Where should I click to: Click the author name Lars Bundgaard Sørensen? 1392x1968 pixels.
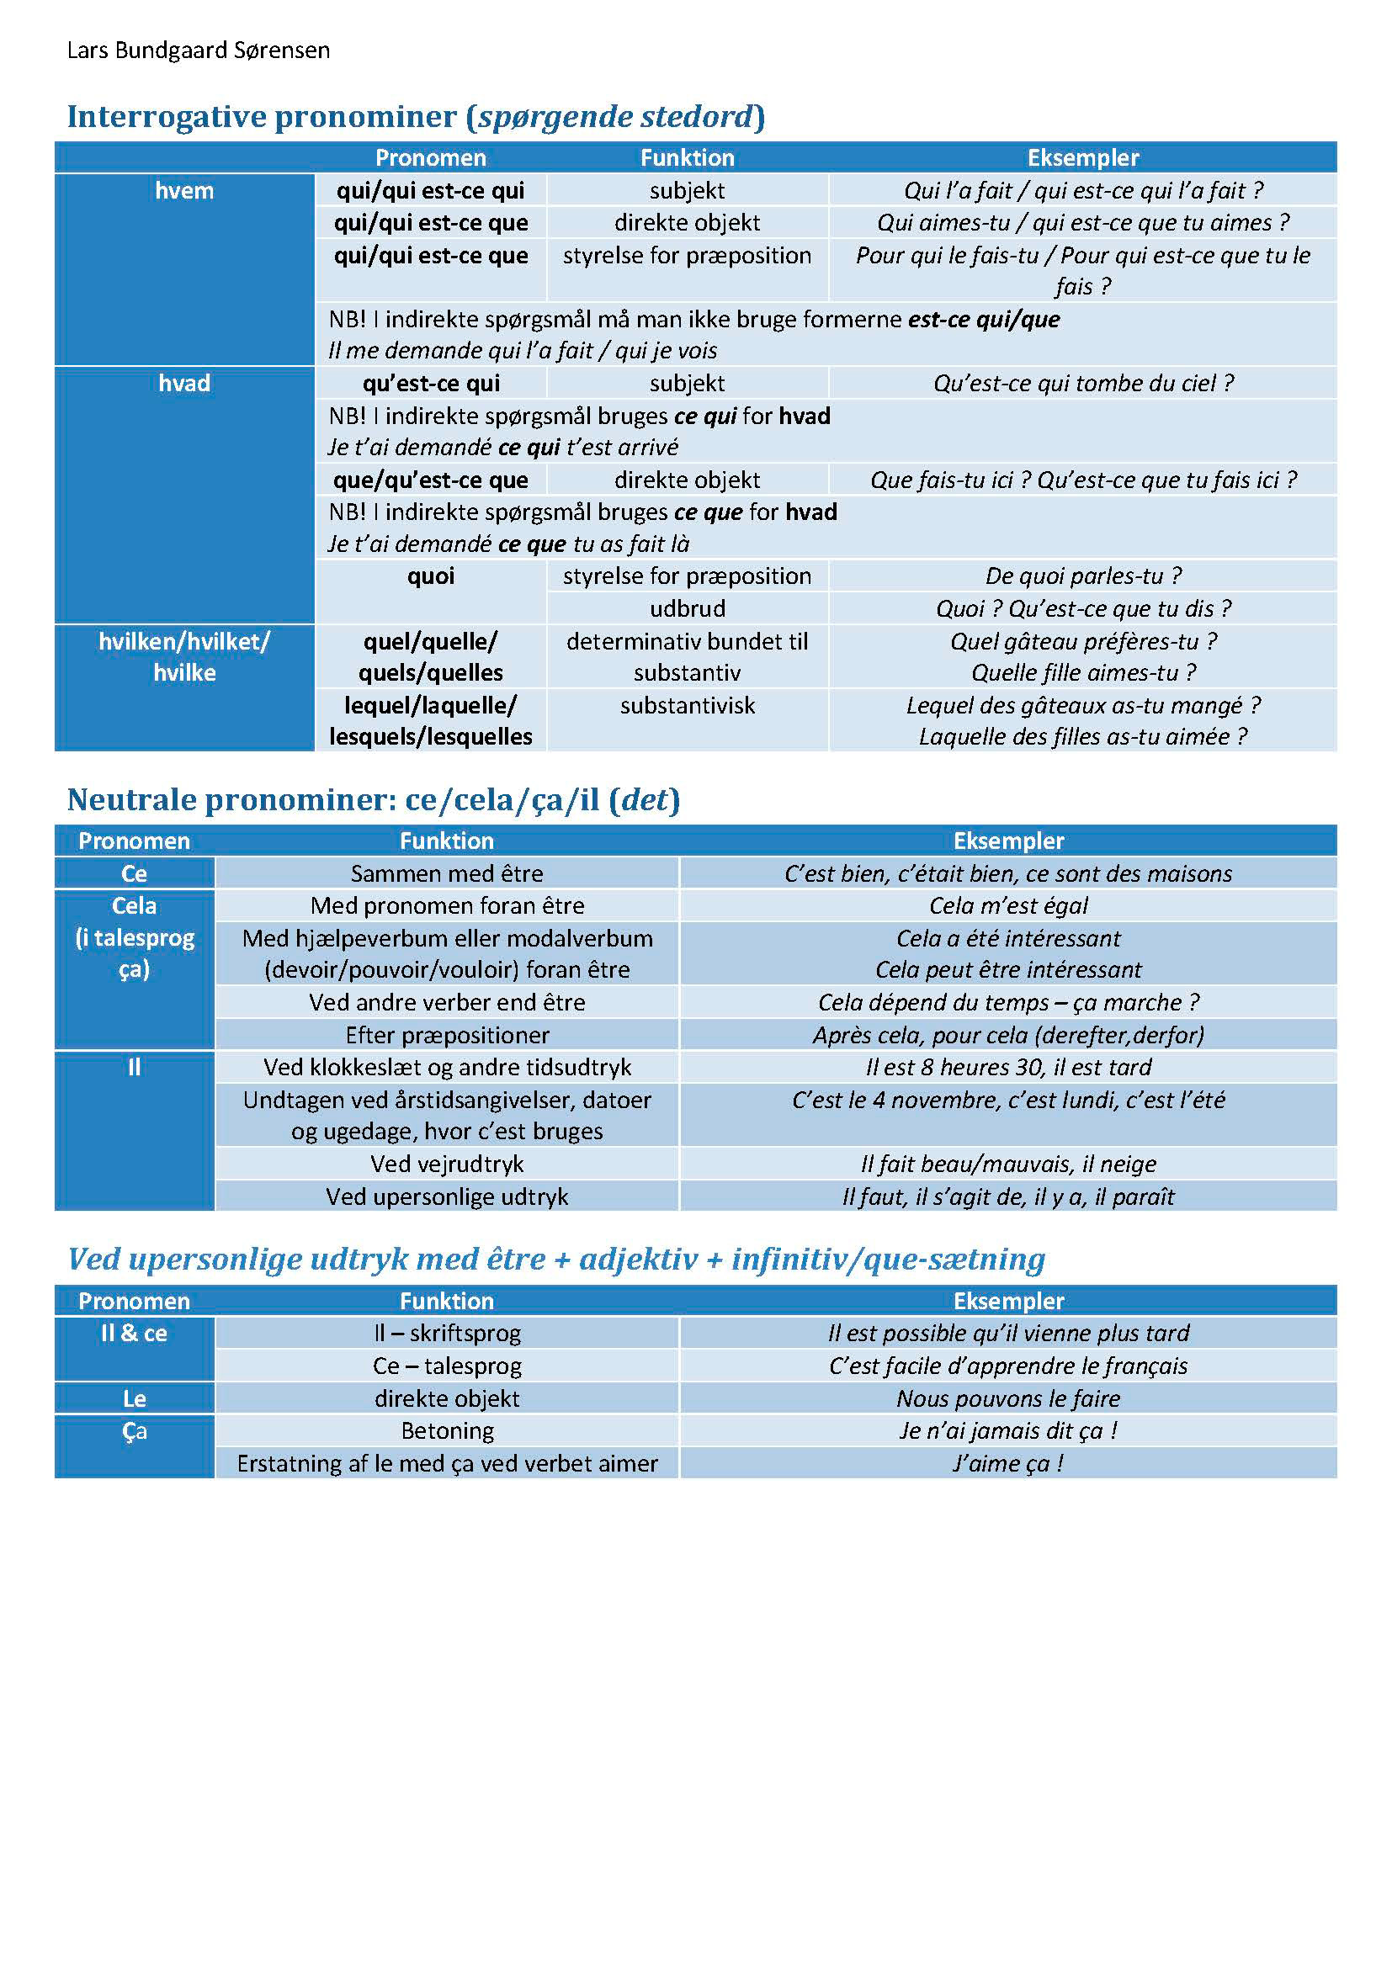pyautogui.click(x=198, y=50)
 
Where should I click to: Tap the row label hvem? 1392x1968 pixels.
pyautogui.click(x=184, y=190)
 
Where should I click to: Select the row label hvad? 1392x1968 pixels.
pyautogui.click(x=184, y=383)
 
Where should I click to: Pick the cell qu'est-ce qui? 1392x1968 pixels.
pyautogui.click(x=430, y=383)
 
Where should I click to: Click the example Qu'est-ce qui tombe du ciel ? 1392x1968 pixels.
pyautogui.click(x=1082, y=383)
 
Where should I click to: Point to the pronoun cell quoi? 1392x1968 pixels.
pyautogui.click(x=430, y=576)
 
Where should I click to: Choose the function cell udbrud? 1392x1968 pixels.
pyautogui.click(x=687, y=608)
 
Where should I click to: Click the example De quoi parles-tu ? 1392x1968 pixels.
pyautogui.click(x=1082, y=576)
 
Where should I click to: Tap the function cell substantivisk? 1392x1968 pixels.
pyautogui.click(x=687, y=705)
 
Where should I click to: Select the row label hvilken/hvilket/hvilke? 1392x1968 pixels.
pyautogui.click(x=184, y=656)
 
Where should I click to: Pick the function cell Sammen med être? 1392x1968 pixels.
pyautogui.click(x=447, y=873)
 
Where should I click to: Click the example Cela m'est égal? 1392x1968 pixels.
pyautogui.click(x=1008, y=906)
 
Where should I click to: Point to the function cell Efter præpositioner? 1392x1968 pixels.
pyautogui.click(x=447, y=1036)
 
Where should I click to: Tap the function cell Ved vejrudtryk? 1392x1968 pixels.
pyautogui.click(x=447, y=1164)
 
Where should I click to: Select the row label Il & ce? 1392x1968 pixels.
pyautogui.click(x=134, y=1334)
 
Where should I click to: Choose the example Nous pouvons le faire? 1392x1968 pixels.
pyautogui.click(x=1008, y=1399)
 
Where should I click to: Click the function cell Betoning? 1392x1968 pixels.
pyautogui.click(x=447, y=1430)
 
